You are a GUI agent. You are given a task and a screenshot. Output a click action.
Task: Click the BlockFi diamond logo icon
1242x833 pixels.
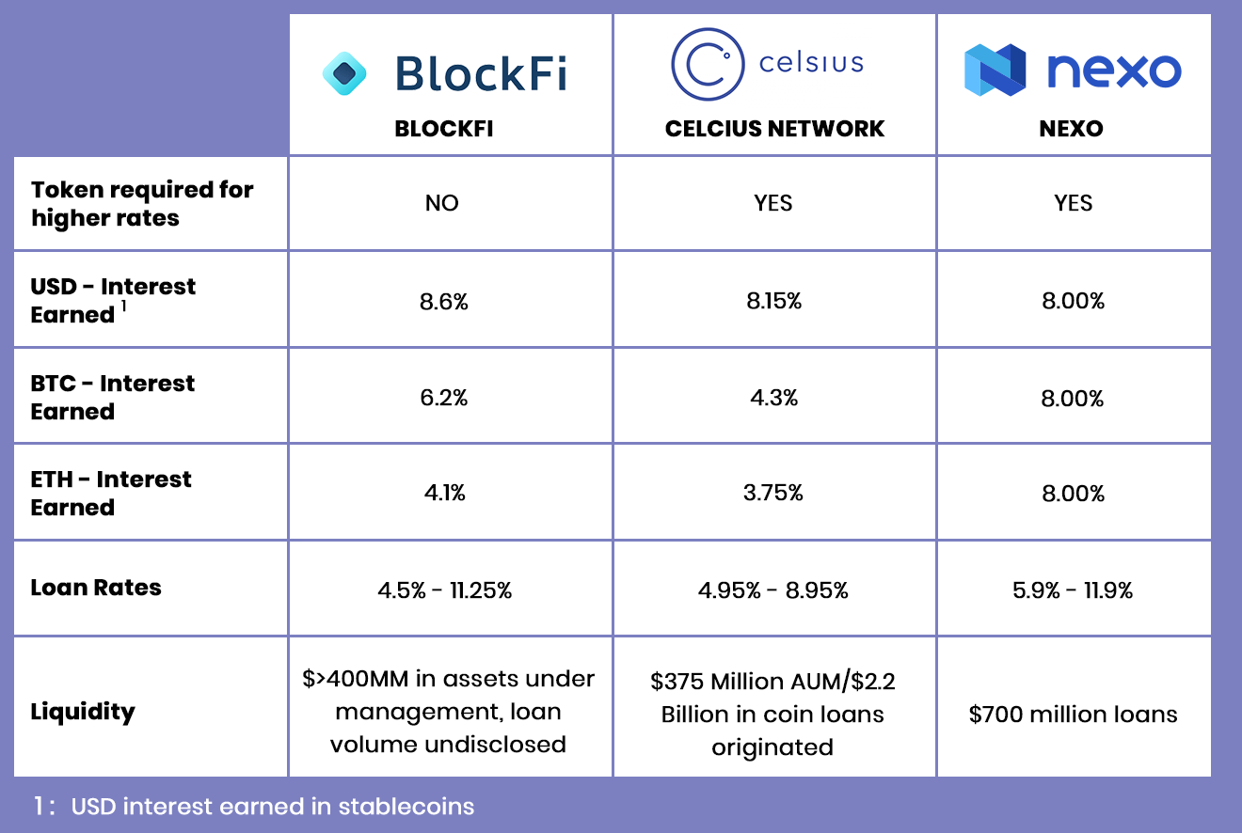tap(344, 73)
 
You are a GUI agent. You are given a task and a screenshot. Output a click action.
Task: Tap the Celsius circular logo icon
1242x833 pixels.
tap(708, 64)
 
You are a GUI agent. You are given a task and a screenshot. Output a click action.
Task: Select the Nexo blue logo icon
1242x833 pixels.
tap(995, 70)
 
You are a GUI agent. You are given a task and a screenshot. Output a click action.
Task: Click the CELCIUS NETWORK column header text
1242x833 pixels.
tap(774, 129)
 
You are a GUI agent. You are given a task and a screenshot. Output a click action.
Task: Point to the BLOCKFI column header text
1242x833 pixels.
tap(444, 129)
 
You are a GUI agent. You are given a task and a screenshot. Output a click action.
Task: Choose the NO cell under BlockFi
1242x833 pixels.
tap(441, 203)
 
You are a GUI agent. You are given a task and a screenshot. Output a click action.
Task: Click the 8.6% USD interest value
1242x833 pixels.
tap(444, 301)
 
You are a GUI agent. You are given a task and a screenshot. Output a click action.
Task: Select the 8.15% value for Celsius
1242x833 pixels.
tap(773, 301)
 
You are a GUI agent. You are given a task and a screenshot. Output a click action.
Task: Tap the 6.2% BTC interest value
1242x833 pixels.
tap(444, 398)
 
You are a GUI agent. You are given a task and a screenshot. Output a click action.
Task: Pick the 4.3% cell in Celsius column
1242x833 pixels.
tap(773, 398)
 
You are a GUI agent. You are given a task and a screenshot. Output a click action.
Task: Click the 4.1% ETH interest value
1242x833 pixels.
tap(444, 493)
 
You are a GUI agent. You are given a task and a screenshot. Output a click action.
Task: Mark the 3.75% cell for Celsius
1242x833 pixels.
tap(773, 493)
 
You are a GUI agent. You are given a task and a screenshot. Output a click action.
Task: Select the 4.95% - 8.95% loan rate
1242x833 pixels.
tap(773, 590)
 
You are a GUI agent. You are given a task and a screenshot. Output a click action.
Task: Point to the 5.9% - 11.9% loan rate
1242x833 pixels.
tap(1073, 590)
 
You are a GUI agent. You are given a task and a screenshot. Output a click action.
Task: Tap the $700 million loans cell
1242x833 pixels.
tap(1073, 715)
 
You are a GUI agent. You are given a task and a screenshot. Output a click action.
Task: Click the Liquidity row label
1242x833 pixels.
tap(83, 711)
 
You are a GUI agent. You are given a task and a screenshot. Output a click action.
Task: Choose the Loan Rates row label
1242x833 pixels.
tap(96, 588)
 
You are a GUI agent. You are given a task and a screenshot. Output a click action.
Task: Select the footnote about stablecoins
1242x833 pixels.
tap(254, 806)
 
